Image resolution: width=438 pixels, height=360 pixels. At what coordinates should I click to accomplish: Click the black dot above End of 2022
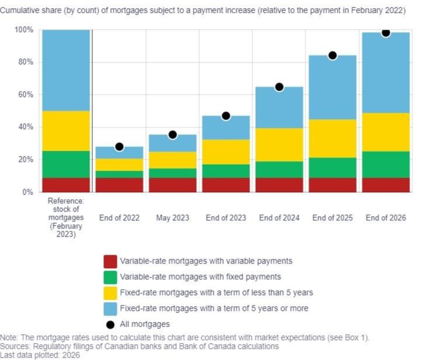pos(119,147)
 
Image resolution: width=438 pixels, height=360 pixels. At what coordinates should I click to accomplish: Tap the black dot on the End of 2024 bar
pos(279,87)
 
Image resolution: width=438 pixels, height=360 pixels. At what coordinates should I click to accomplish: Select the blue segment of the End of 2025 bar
pos(332,88)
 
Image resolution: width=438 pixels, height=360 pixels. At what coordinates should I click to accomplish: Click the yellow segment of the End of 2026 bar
pos(385,132)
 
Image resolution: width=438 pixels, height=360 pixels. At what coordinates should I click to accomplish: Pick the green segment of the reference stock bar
pos(66,164)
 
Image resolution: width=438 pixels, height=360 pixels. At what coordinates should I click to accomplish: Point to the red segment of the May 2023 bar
pos(172,185)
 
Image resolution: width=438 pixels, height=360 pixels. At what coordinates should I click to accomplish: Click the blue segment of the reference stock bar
pos(66,70)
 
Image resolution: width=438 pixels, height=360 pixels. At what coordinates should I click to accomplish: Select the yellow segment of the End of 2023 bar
pos(226,151)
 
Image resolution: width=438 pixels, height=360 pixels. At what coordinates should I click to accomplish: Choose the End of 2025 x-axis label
pos(332,218)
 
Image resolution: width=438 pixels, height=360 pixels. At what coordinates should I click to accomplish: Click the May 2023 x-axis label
pos(172,218)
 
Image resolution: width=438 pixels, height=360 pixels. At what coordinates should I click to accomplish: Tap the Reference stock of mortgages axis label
pos(65,217)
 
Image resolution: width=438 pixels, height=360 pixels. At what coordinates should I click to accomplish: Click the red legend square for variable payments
pos(110,261)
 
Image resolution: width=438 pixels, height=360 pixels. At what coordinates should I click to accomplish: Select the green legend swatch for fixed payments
pos(110,277)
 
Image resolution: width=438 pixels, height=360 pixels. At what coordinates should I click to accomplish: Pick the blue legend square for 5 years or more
pos(110,308)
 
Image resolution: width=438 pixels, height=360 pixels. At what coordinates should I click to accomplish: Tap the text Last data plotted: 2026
pos(40,355)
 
